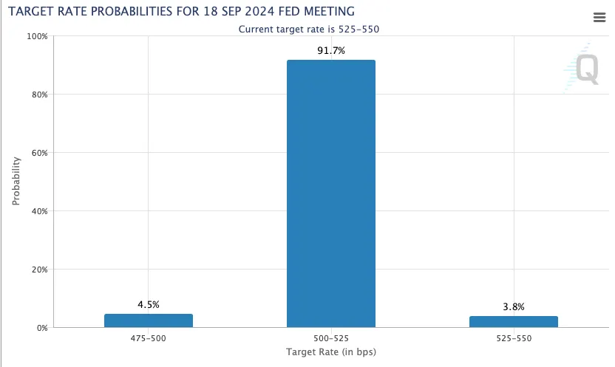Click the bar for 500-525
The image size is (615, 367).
coord(330,193)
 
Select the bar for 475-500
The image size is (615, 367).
coord(149,320)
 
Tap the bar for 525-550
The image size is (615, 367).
coord(513,321)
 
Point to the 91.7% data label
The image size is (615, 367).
coord(330,50)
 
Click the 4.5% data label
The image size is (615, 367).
coord(149,304)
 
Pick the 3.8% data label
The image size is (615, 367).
coord(513,306)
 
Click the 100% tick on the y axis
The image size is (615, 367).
coord(37,36)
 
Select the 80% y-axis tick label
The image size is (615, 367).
coord(39,95)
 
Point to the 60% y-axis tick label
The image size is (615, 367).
coord(39,153)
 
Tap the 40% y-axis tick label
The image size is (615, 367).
coord(39,211)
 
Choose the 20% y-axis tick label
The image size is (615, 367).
coord(39,270)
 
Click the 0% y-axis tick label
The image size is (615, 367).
coord(41,328)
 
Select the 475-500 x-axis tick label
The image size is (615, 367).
coord(149,340)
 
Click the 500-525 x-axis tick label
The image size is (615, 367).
coord(330,340)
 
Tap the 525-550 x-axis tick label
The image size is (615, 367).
coord(513,340)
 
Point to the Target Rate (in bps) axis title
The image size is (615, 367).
coord(330,352)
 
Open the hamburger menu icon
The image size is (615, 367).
coord(599,17)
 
